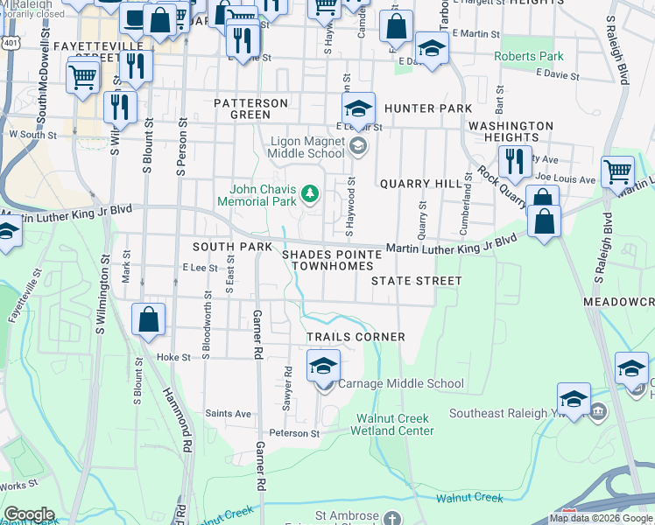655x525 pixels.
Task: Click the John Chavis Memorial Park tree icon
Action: click(308, 192)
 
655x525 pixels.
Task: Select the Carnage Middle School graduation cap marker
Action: click(323, 366)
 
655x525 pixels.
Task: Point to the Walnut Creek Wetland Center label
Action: click(391, 423)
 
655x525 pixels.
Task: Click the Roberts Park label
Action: click(528, 56)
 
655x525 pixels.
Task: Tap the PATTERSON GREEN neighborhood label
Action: click(250, 108)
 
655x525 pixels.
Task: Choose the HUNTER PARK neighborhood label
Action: click(427, 108)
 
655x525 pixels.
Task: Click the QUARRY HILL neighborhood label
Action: click(419, 184)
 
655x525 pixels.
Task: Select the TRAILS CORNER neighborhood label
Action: click(355, 337)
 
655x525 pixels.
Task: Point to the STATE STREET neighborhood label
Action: click(415, 281)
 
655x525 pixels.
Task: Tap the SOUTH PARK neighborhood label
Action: click(232, 248)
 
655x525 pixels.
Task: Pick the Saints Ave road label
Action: click(228, 414)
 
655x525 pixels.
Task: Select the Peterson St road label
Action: click(294, 433)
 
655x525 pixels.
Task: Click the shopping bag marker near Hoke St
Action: click(148, 320)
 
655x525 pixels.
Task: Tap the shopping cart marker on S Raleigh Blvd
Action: click(617, 172)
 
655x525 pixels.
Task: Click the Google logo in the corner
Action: click(29, 514)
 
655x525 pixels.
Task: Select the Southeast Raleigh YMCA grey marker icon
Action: click(598, 411)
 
